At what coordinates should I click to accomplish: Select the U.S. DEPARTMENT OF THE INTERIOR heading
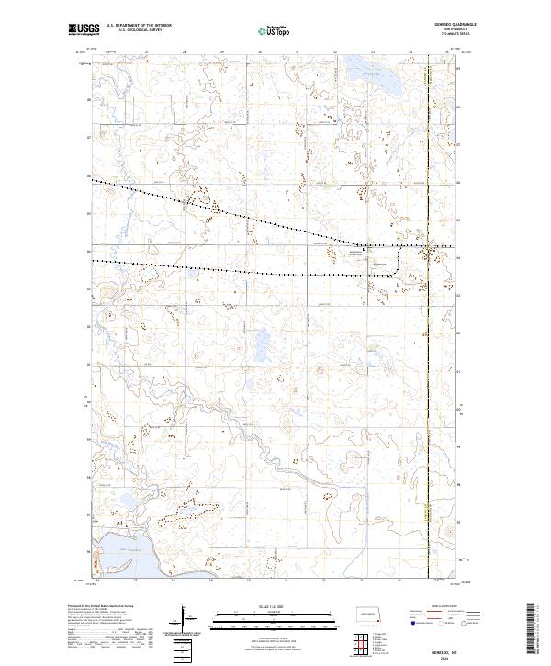146,26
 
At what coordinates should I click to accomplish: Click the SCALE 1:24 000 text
275,605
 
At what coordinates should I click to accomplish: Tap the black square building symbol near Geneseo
365,249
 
